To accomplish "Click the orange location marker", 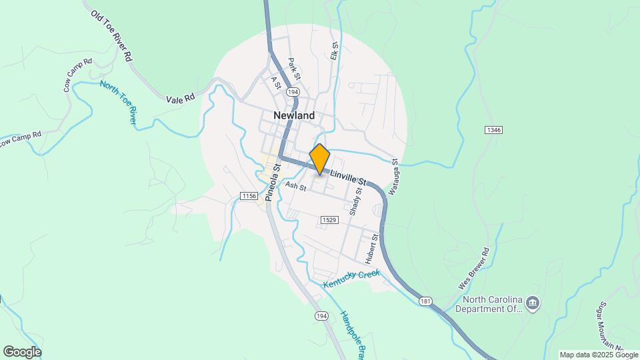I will tap(320, 159).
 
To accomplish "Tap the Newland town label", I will tap(294, 115).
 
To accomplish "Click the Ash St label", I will tap(295, 188).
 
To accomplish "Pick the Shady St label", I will tap(355, 201).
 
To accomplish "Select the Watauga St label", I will tap(394, 171).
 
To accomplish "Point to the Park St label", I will tap(294, 69).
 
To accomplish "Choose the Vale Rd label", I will tap(181, 97).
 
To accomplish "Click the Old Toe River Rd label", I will tap(113, 36).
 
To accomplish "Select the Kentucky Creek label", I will tap(351, 279).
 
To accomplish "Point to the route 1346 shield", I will tap(494, 129).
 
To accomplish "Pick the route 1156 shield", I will tap(249, 195).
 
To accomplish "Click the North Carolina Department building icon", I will tap(533, 303).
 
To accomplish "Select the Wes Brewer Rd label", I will tap(474, 268).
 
